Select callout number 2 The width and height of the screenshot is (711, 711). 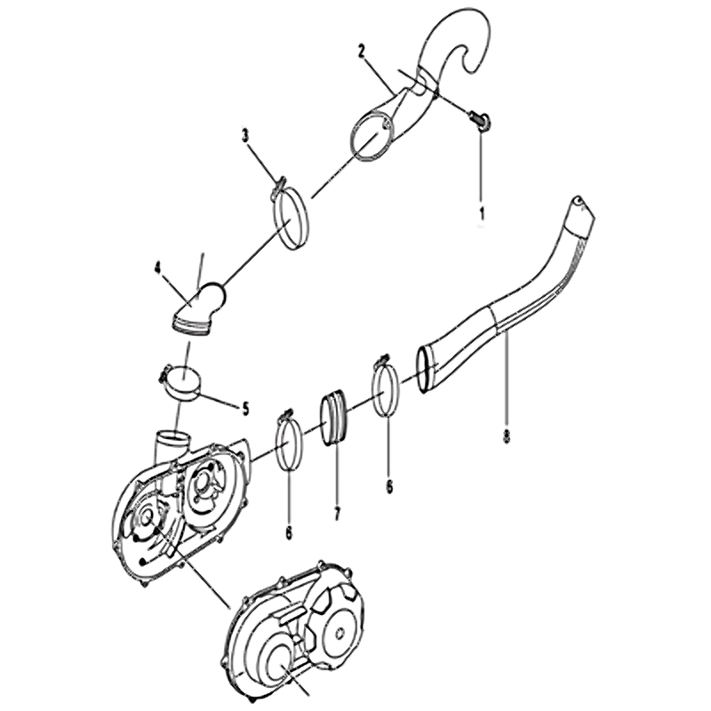tap(362, 52)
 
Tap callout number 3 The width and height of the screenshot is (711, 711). tap(245, 136)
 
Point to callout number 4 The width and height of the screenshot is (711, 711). tap(158, 268)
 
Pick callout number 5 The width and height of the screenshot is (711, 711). tap(245, 410)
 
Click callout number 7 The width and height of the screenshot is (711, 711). tap(337, 514)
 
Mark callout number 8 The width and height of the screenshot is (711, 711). tap(507, 435)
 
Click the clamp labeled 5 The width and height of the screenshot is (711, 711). tap(184, 385)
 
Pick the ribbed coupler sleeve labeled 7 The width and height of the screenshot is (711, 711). tap(336, 416)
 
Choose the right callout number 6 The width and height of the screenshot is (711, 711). tap(389, 486)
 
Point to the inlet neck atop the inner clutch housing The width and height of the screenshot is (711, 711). tap(172, 444)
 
